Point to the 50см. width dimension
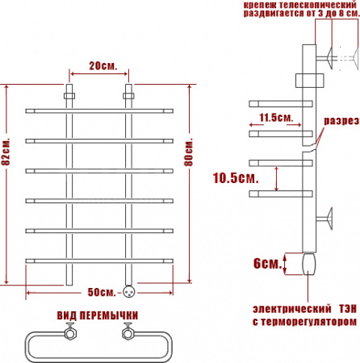pyautogui.click(x=99, y=290)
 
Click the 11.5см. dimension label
pyautogui.click(x=276, y=118)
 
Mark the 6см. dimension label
pyautogui.click(x=266, y=264)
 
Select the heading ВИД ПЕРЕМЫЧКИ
pyautogui.click(x=98, y=315)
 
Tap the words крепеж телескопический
pyautogui.click(x=300, y=6)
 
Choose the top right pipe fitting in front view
pyautogui.click(x=128, y=95)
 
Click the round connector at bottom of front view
pyautogui.click(x=128, y=290)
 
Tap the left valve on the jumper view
pyautogui.click(x=71, y=331)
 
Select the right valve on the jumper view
pyautogui.click(x=127, y=331)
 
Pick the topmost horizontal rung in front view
pyautogui.click(x=99, y=111)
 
